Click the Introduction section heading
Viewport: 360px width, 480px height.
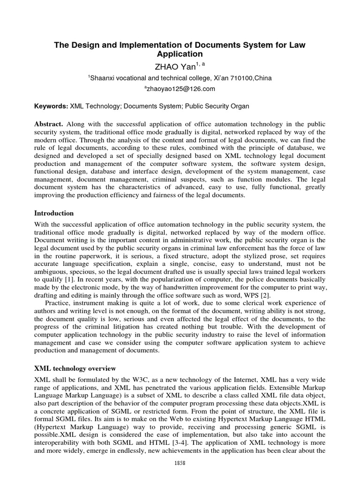click(54, 213)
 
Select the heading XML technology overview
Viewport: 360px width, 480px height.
click(75, 368)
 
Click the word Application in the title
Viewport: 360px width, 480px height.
click(180, 54)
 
